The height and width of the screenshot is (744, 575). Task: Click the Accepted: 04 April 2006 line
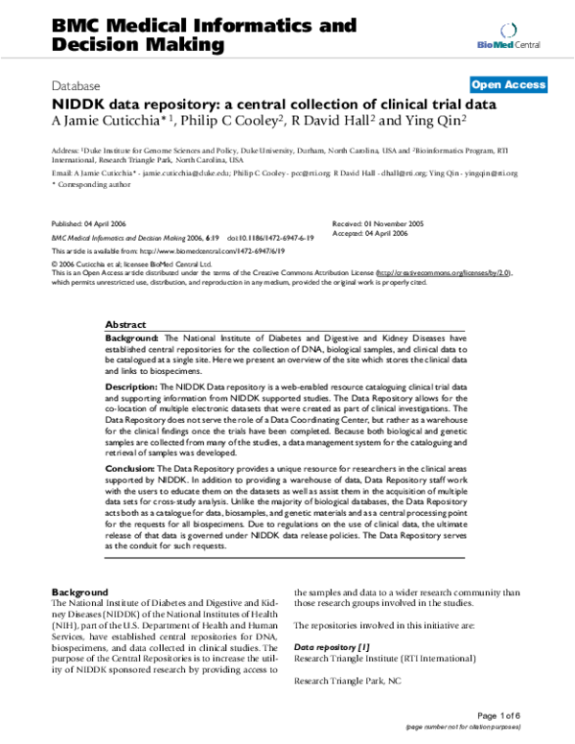(x=375, y=231)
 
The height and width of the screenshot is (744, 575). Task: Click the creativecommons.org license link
(x=444, y=272)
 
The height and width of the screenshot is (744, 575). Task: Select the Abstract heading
(x=125, y=325)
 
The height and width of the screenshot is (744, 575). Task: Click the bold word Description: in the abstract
(x=134, y=385)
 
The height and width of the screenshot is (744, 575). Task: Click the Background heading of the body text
(x=80, y=592)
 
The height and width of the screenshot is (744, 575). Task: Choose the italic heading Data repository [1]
(x=332, y=647)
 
